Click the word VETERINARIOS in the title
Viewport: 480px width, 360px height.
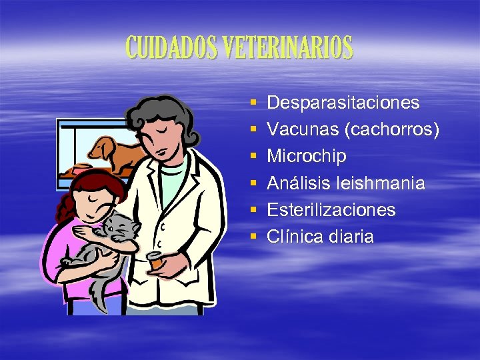[x=289, y=48]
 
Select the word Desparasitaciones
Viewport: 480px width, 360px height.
[x=343, y=103]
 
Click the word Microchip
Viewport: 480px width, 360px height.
[x=307, y=156]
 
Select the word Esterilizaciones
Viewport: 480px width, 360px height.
[x=331, y=210]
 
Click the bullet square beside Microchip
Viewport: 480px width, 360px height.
[x=253, y=157]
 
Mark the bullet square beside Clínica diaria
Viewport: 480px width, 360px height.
[x=253, y=237]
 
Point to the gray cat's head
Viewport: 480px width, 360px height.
[x=120, y=227]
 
